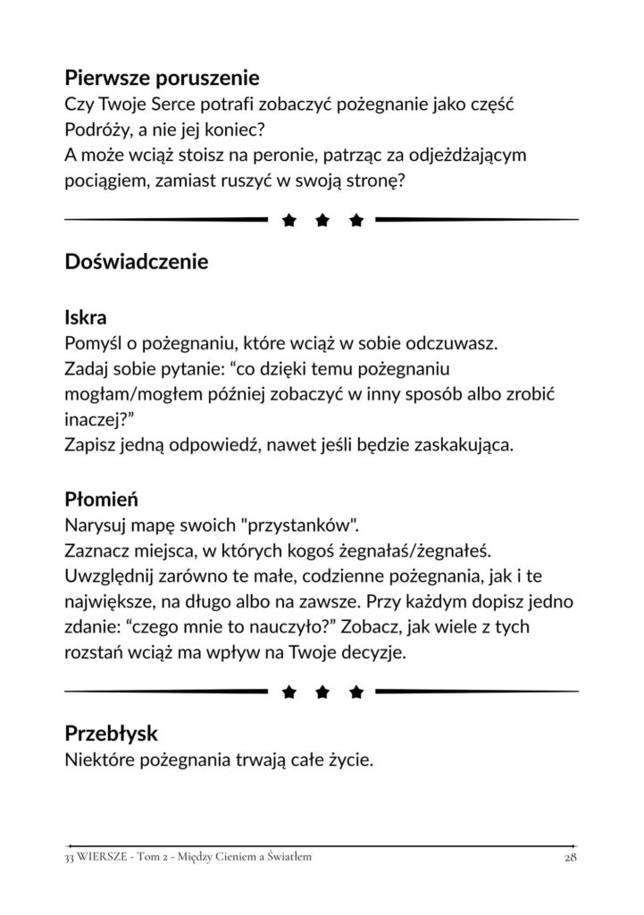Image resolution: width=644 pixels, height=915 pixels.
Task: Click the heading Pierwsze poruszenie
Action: pos(162,80)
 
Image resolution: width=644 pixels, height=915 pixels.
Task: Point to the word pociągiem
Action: pos(106,180)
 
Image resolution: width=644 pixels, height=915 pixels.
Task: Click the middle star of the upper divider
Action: pos(322,219)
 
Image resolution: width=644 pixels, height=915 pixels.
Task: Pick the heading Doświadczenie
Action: pos(137,263)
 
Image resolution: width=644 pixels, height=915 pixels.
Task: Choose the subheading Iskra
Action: pos(87,317)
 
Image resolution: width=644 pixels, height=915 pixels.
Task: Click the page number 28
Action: pos(571,858)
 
